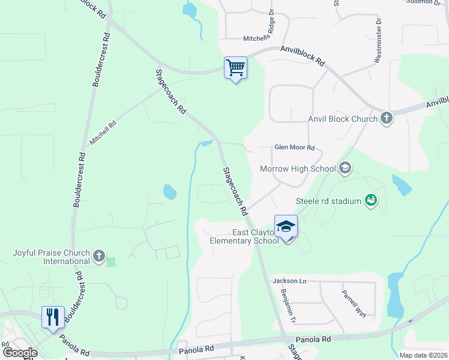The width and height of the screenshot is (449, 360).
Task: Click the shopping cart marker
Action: click(236, 67)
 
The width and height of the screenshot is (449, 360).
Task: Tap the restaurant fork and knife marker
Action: click(53, 317)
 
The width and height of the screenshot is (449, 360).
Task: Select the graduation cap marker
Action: click(286, 226)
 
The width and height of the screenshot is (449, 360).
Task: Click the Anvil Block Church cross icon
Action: click(387, 118)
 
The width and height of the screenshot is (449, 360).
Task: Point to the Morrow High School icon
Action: click(345, 168)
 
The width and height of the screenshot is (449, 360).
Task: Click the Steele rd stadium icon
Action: click(371, 201)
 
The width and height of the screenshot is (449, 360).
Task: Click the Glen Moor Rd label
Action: click(294, 148)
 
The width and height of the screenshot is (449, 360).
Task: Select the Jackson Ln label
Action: click(289, 281)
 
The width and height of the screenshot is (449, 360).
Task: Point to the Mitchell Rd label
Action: click(103, 131)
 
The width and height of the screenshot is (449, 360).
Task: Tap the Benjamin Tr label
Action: click(288, 304)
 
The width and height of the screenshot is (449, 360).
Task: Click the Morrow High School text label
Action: click(298, 169)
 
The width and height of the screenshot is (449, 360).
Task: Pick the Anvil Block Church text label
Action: click(343, 119)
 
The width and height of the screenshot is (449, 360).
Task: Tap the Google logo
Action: click(20, 353)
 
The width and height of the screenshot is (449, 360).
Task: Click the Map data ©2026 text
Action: click(423, 355)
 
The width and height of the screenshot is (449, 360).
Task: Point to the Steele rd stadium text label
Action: click(328, 202)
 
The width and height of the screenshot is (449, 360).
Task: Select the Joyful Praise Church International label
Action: click(51, 257)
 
